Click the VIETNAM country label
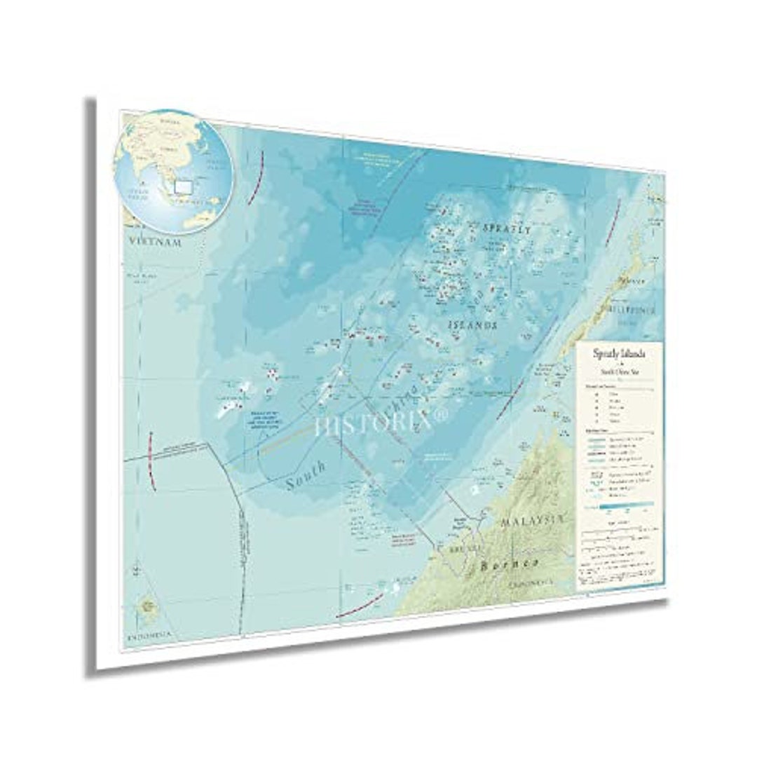coord(155,243)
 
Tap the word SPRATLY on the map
coord(507,229)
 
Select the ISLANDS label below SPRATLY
coord(473,325)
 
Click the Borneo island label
coord(510,564)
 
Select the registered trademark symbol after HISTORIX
coord(441,416)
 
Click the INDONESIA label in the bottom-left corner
coord(149,637)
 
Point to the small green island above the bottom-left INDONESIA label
coord(148,604)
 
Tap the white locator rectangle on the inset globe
coord(184,186)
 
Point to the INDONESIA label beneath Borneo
coord(530,583)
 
